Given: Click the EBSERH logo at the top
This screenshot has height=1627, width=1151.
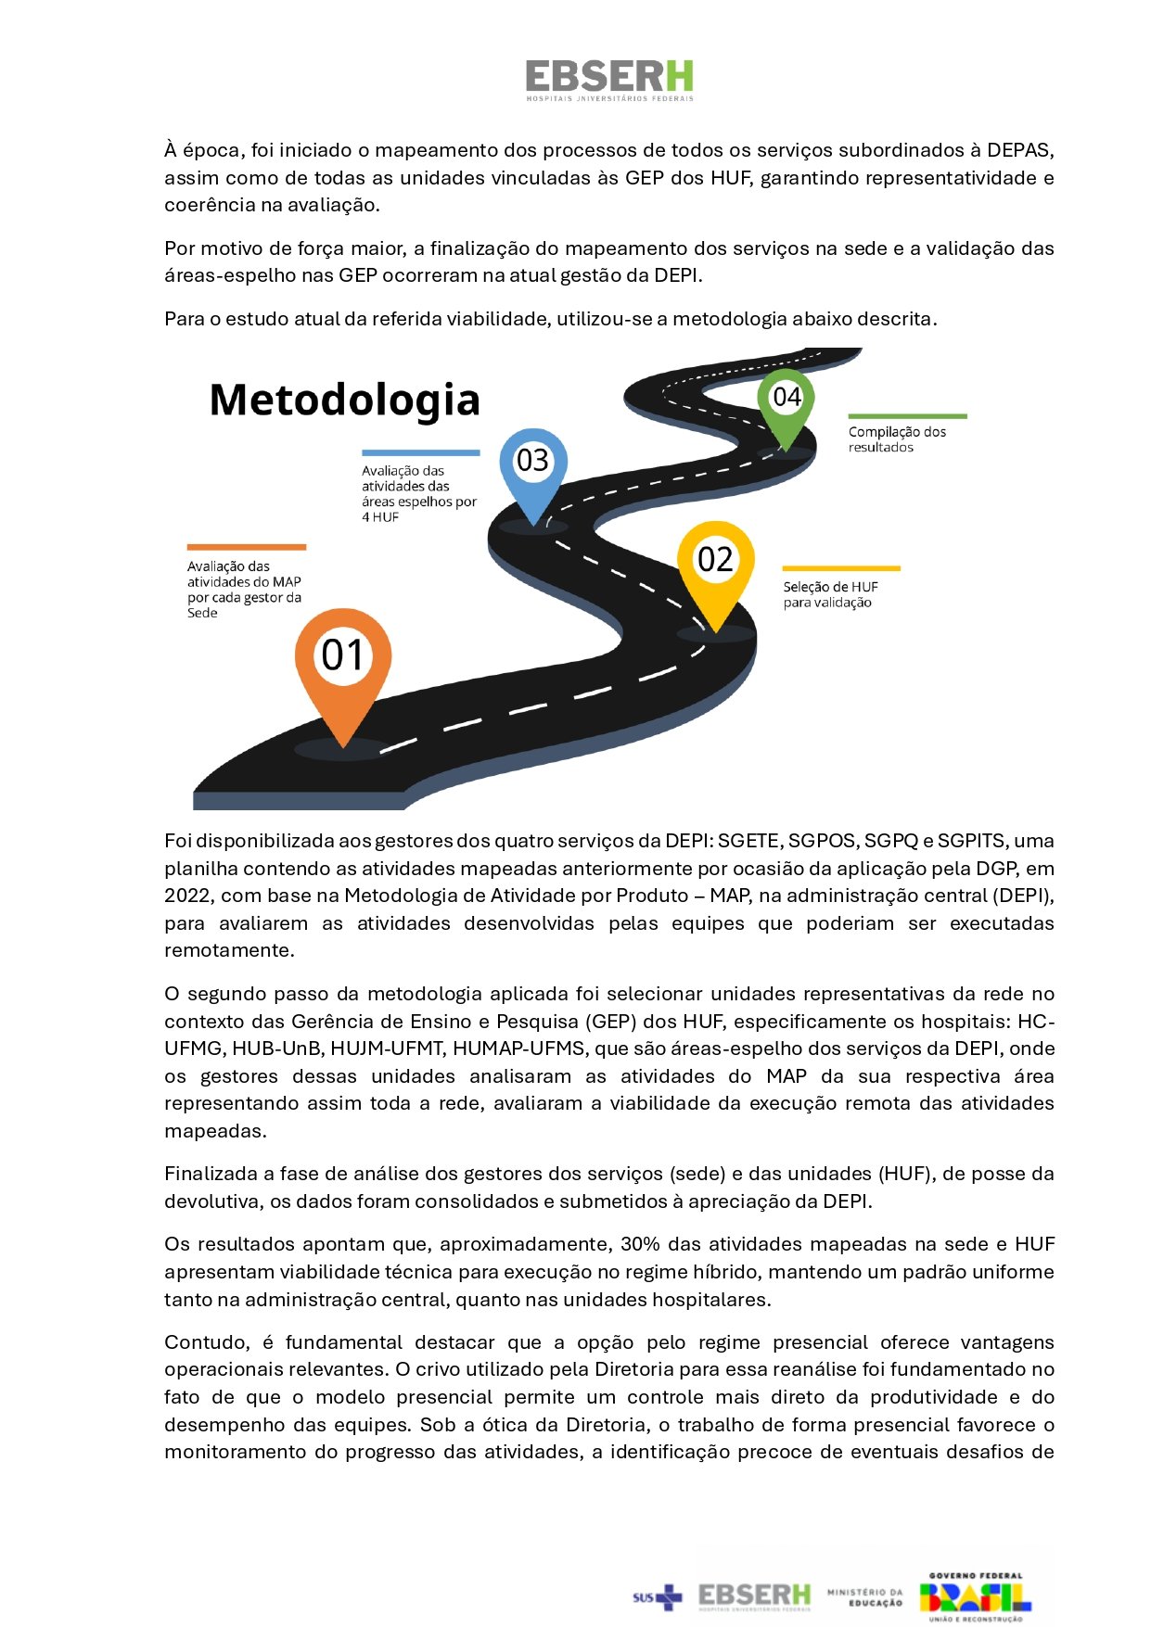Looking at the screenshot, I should point(609,80).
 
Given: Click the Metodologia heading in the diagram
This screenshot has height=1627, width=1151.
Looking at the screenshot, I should point(344,400).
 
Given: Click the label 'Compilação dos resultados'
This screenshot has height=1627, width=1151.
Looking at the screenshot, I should point(897,439).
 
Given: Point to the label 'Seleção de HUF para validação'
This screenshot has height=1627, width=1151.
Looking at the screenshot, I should point(830,594).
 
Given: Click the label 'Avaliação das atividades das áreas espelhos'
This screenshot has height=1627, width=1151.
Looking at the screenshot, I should point(418,493).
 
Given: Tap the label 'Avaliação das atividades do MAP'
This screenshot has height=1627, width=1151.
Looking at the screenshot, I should point(244,589).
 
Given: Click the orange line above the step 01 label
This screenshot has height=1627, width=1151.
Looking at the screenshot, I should point(247,547).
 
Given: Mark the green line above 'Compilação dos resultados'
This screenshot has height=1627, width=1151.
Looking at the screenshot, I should point(907,416).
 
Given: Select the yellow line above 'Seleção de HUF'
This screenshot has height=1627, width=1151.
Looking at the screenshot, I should point(841,568).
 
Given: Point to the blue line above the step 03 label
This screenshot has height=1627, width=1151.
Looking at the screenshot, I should point(420,452).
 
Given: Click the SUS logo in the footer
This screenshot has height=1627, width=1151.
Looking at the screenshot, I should point(657,1596).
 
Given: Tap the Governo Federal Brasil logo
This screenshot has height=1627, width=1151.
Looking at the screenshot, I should point(975,1596).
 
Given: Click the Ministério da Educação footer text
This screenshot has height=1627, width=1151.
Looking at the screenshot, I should point(864,1596).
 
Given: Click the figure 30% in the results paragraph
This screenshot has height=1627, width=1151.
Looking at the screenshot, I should point(640,1244).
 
